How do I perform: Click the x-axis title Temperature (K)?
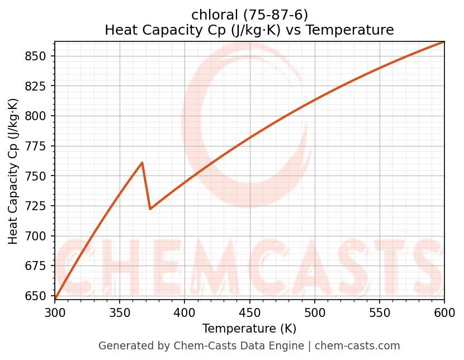pos(249,329)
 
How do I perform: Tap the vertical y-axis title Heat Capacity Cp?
pos(13,171)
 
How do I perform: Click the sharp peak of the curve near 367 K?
pos(143,163)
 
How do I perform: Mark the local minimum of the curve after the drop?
pos(150,209)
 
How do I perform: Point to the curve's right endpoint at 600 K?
pos(444,42)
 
